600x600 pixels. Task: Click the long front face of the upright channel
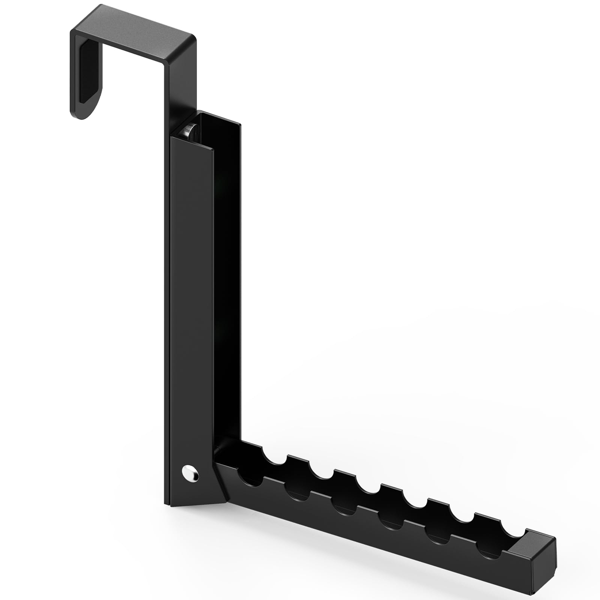[x=191, y=300]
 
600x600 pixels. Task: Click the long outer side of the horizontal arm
[x=375, y=525]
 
